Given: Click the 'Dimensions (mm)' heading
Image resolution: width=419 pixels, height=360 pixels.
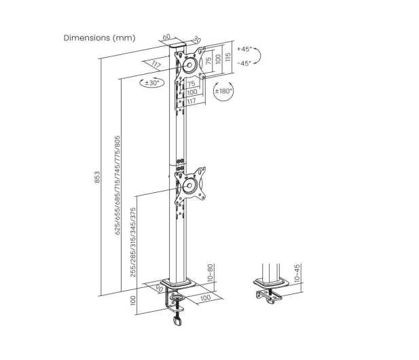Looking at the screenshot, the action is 99,38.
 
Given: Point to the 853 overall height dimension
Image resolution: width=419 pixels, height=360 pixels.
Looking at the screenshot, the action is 98,177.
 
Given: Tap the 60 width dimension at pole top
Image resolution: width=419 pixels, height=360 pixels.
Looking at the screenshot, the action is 166,37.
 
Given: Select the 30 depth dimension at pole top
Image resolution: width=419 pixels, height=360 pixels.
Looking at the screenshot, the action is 197,40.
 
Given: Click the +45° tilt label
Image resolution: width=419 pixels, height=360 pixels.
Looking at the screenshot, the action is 244,49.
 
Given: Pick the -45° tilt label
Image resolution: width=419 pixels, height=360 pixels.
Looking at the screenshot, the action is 244,63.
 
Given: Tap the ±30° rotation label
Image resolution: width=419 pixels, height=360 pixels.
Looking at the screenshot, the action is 152,83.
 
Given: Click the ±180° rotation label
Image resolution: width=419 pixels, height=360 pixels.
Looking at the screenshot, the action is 224,91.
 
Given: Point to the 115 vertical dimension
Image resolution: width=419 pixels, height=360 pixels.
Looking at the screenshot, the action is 227,57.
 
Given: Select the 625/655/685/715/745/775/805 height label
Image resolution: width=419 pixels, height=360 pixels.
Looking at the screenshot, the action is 117,185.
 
